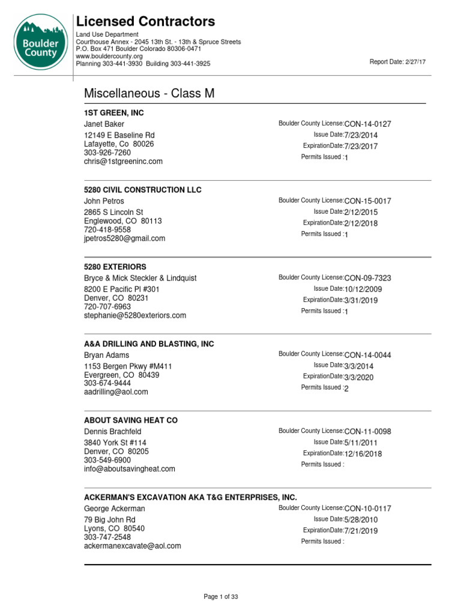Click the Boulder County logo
pyautogui.click(x=40, y=42)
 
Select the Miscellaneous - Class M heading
pyautogui.click(x=149, y=94)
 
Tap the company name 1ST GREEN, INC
pyautogui.click(x=114, y=113)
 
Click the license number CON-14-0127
pyautogui.click(x=367, y=124)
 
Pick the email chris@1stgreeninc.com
pyautogui.click(x=123, y=162)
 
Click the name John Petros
pyautogui.click(x=104, y=201)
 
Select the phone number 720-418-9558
pyautogui.click(x=107, y=229)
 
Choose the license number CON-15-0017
pyautogui.click(x=367, y=201)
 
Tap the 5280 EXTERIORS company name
pyautogui.click(x=115, y=267)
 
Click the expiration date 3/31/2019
pyautogui.click(x=361, y=300)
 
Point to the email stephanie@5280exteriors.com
pyautogui.click(x=135, y=315)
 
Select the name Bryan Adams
pyautogui.click(x=106, y=355)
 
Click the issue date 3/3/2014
pyautogui.click(x=359, y=366)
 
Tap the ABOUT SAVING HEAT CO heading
pyautogui.click(x=131, y=420)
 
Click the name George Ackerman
pyautogui.click(x=114, y=509)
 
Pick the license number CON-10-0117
pyautogui.click(x=367, y=509)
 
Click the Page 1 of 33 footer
pyautogui.click(x=221, y=596)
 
